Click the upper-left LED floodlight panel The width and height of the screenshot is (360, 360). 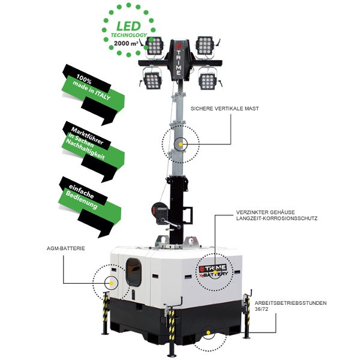click(x=156, y=46)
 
